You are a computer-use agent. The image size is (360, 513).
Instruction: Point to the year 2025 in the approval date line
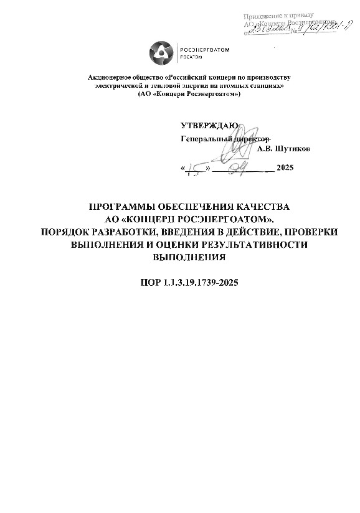coord(285,169)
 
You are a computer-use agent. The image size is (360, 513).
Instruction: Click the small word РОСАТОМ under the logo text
coord(191,57)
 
